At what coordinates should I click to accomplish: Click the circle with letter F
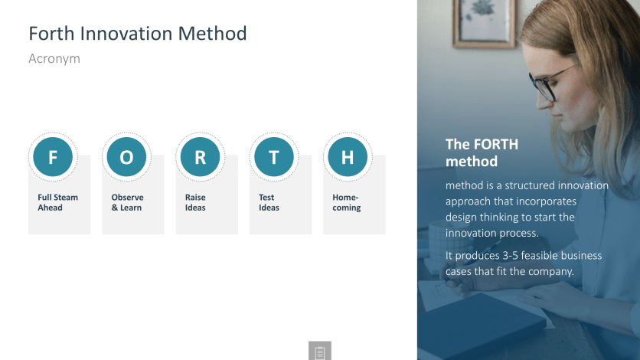(x=53, y=157)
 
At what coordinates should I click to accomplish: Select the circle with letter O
(x=126, y=157)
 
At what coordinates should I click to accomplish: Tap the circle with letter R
(x=200, y=157)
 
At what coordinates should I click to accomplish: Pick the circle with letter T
(x=274, y=157)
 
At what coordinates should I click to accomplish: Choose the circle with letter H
(x=348, y=157)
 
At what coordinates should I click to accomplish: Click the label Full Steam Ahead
(x=57, y=202)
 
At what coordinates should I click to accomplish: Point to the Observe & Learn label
(x=127, y=202)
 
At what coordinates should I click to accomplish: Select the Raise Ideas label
(x=195, y=202)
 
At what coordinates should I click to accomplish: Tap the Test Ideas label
(x=269, y=202)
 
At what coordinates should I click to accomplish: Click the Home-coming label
(x=346, y=203)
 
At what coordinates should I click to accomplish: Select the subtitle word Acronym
(x=54, y=59)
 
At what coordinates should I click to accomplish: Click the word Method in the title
(x=213, y=34)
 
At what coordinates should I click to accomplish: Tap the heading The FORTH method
(x=482, y=152)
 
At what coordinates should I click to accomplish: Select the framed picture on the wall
(x=484, y=23)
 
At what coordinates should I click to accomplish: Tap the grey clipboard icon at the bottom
(x=319, y=351)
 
